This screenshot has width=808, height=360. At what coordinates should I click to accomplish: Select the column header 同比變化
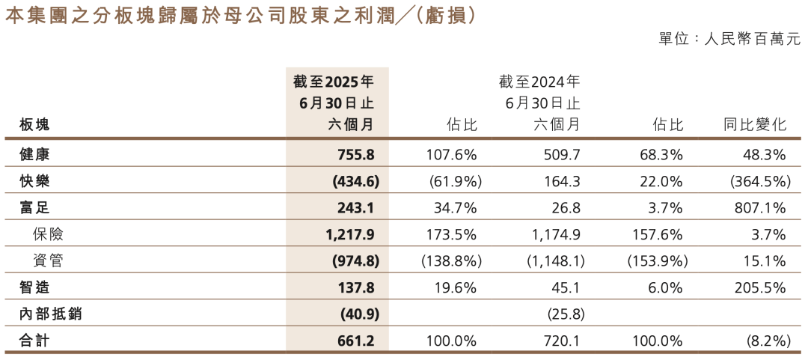(754, 125)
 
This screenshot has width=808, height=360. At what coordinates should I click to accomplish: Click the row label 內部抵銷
(49, 314)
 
